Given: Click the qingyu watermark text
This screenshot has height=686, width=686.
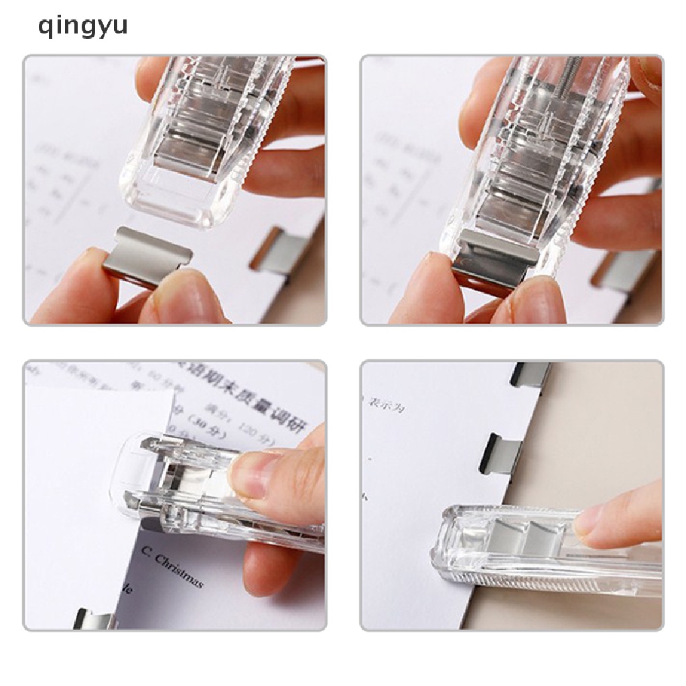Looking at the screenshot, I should [83, 27].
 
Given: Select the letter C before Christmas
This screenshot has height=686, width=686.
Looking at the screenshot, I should [146, 551].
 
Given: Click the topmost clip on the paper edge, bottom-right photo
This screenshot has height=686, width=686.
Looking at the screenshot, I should [529, 375].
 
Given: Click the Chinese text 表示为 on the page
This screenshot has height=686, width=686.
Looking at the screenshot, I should [387, 402].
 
